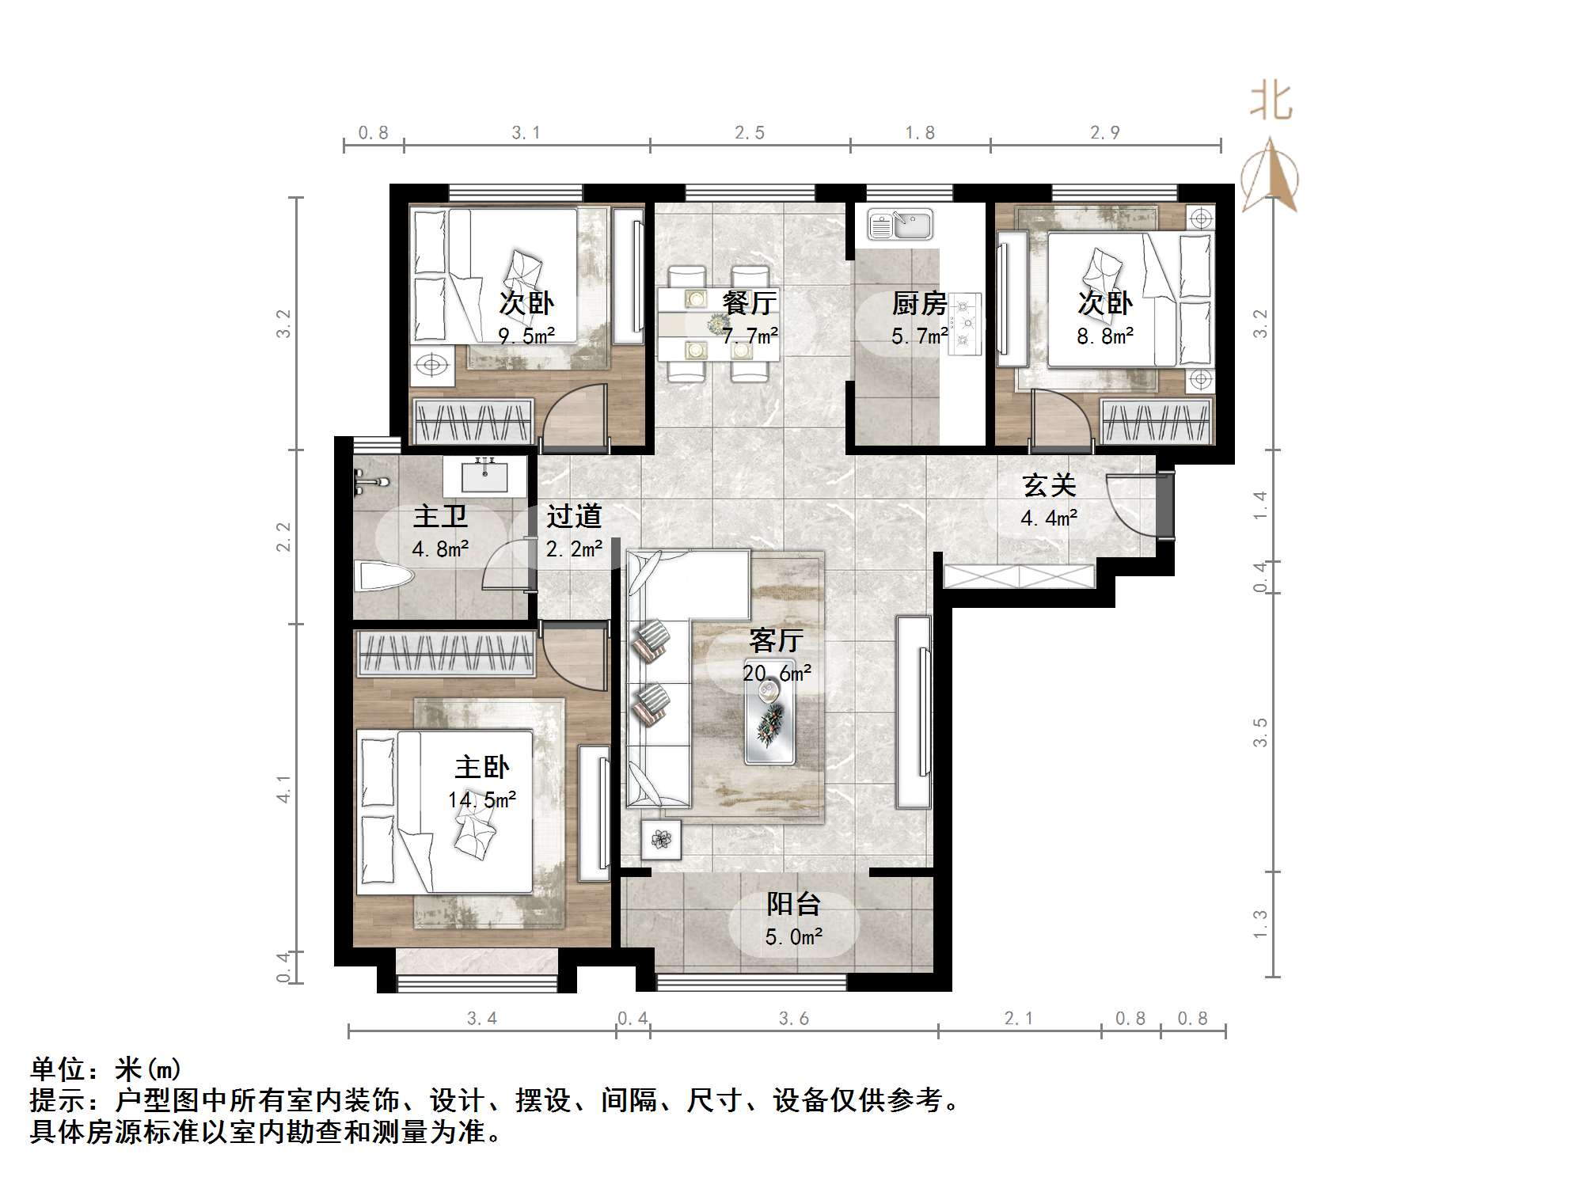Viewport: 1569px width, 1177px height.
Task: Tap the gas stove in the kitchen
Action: [963, 322]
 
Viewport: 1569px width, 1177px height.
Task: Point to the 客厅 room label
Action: [776, 640]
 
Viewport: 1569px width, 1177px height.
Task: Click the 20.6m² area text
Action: [776, 674]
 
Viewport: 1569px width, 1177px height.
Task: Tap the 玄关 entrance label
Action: [1049, 485]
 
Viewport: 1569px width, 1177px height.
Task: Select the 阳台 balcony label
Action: [793, 904]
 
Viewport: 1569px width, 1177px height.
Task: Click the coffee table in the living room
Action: [769, 721]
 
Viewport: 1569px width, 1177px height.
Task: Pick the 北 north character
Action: [1271, 102]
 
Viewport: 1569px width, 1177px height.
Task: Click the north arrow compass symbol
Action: [1270, 177]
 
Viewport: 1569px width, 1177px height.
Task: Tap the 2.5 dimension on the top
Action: [749, 133]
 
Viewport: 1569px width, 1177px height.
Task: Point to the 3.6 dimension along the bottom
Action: [793, 1019]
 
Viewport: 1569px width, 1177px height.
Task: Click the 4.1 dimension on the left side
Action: [283, 788]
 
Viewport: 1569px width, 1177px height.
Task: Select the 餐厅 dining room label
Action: [749, 302]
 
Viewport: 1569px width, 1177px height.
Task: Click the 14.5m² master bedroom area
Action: [481, 800]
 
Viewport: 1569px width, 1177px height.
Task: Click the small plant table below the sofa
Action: [661, 837]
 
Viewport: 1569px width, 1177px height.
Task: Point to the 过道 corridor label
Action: [574, 516]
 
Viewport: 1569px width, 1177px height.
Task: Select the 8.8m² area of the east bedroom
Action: [1104, 336]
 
